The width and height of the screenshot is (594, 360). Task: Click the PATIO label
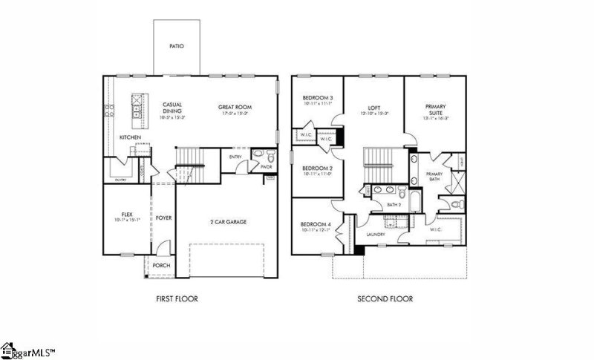pos(176,46)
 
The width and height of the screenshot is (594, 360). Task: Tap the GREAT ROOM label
pos(232,107)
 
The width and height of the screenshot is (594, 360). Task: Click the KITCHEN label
pos(131,138)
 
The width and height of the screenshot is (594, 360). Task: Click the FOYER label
pos(163,218)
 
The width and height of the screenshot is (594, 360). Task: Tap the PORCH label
pos(161,266)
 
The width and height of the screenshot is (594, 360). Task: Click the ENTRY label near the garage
pos(236,157)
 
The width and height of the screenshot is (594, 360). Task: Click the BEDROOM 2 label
pos(316,168)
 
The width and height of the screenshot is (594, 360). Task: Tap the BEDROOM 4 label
pos(316,224)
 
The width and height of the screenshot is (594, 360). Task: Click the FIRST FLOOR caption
pos(177,299)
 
